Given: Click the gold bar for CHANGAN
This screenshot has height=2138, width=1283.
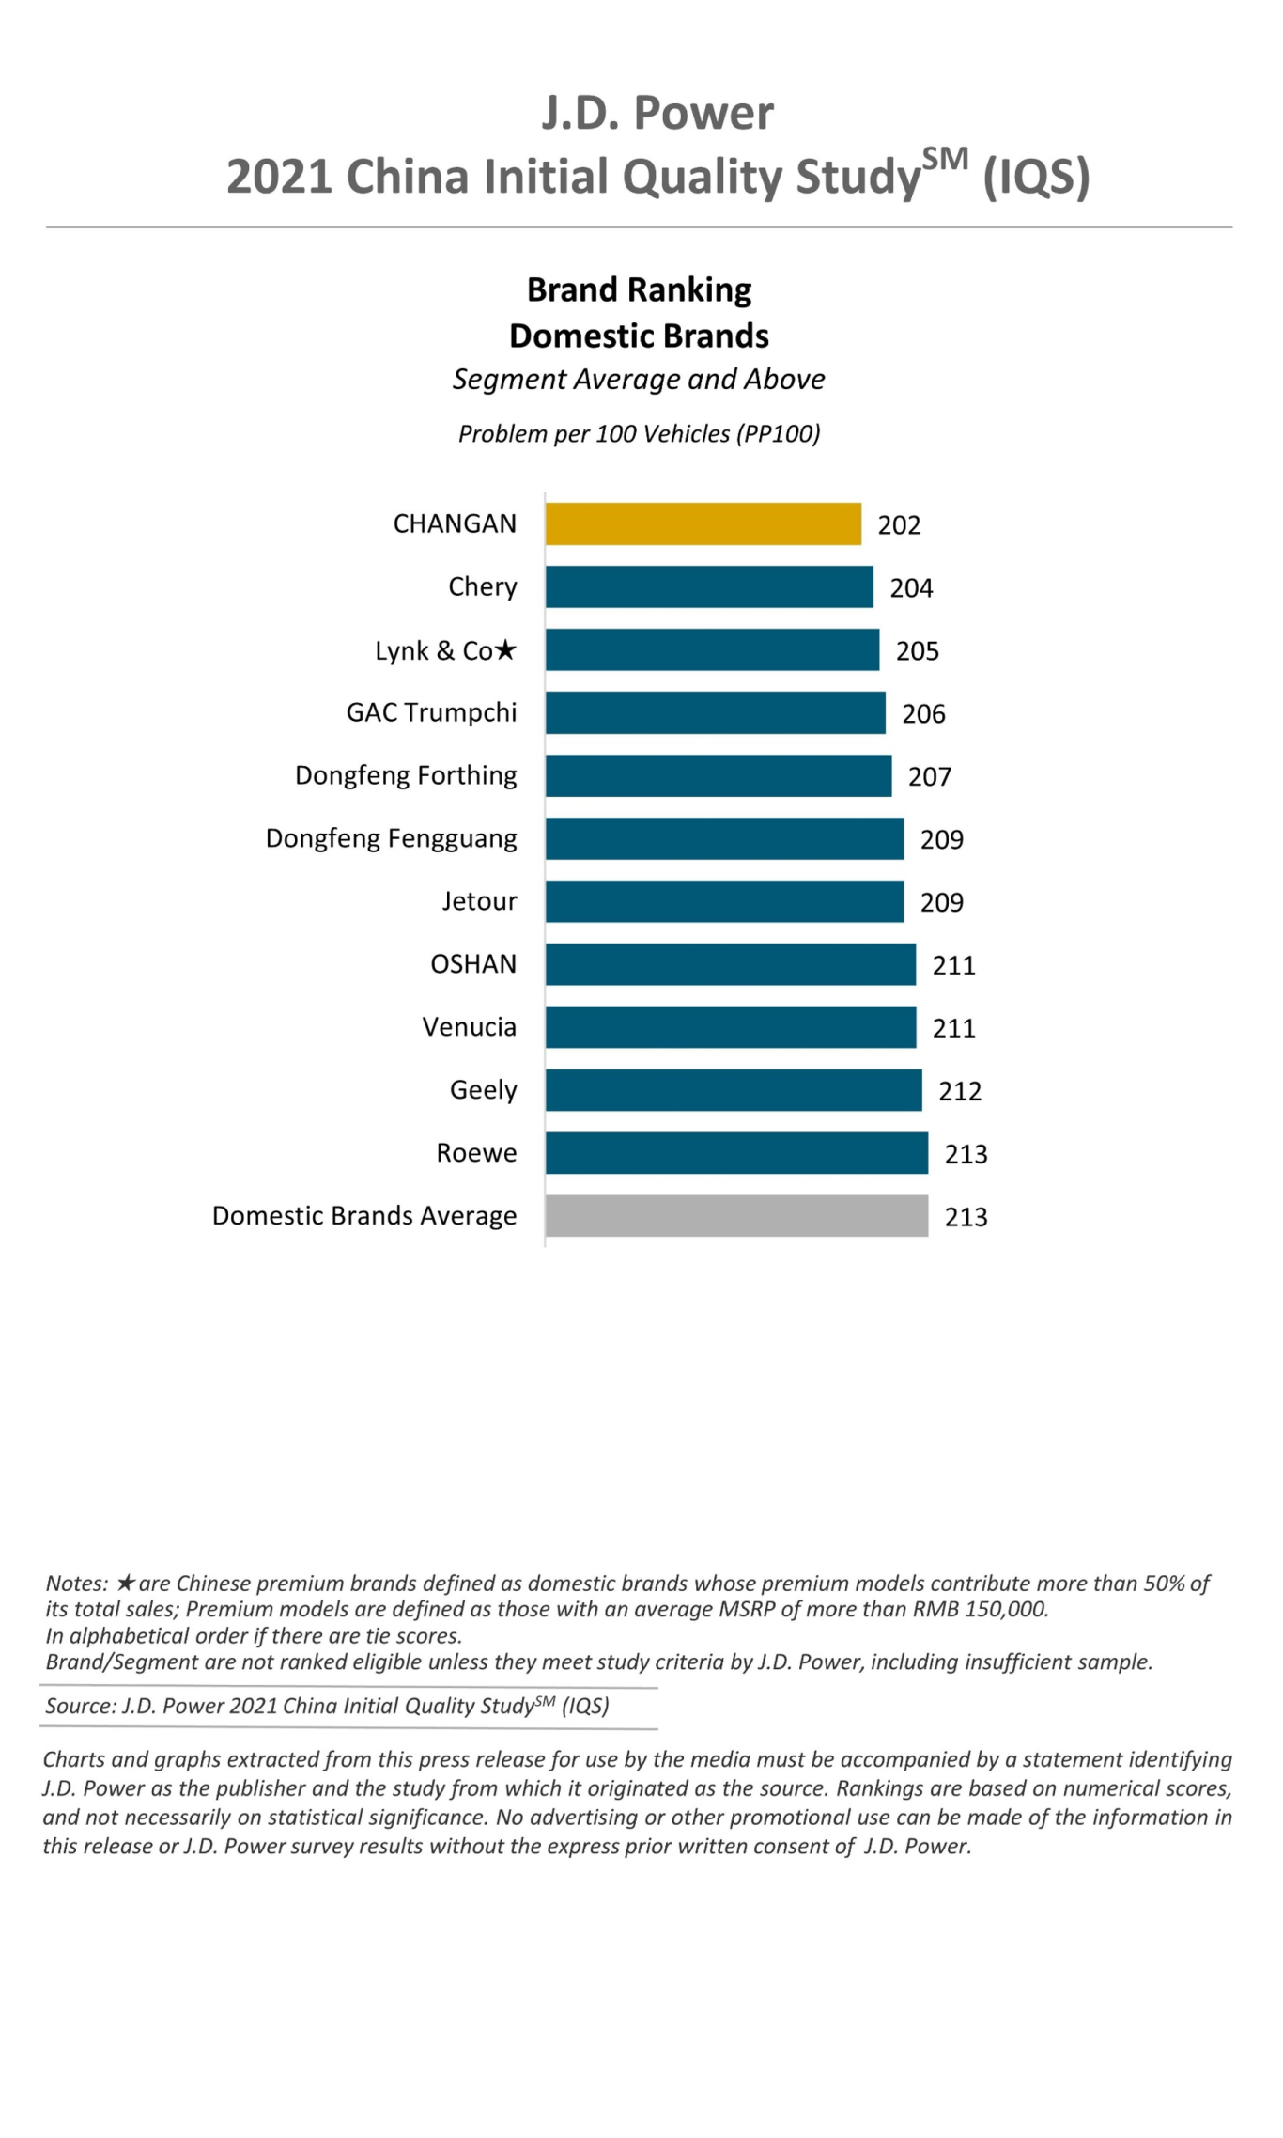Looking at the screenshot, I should pos(703,524).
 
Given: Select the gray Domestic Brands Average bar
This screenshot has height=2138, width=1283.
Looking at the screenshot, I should pos(736,1216).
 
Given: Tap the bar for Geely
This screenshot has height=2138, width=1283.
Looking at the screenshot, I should pos(734,1090).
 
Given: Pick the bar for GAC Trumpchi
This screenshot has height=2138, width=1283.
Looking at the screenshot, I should pos(715,713).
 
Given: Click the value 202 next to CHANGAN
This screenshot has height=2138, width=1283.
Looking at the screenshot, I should pos(899,525).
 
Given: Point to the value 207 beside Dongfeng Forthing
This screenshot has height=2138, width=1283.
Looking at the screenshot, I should pos(929,777).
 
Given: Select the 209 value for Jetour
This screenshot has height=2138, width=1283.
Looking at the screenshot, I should pos(941,903).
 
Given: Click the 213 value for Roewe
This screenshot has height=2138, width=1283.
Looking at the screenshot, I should pos(966,1154).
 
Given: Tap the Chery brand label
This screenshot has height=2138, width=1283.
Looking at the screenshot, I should pos(482,587).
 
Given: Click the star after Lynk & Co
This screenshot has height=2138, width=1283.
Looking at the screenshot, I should pos(505,649).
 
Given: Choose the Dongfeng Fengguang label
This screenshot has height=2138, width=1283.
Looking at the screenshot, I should pos(391,838).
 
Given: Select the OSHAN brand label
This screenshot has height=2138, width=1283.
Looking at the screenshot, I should pos(472,964).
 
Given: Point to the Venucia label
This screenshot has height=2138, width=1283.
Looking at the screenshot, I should pos(469,1027).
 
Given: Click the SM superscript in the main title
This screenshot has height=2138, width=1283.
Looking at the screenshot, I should pos(944,160).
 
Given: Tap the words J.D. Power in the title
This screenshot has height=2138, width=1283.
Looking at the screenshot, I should pos(657,113).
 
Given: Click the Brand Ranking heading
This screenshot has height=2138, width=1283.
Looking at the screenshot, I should pos(639,289).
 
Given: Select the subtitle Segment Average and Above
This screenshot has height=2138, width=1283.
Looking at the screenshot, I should pos(639,379).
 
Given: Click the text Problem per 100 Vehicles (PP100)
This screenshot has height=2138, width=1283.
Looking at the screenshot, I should pos(639,434).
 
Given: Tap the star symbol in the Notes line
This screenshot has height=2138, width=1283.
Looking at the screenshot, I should pos(126,1584).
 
